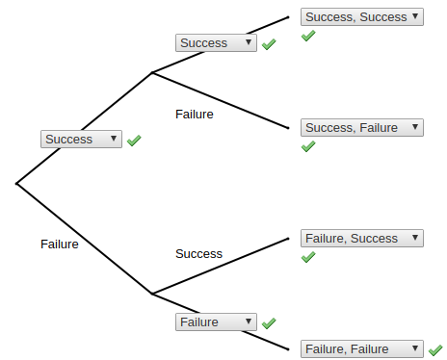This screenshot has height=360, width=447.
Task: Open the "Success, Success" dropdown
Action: (x=361, y=16)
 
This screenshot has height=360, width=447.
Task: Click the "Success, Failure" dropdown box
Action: (x=361, y=127)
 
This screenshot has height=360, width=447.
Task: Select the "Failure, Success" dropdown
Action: (x=361, y=238)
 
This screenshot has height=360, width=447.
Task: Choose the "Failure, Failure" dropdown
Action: (x=361, y=348)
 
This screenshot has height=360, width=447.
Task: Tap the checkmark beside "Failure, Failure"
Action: (x=435, y=348)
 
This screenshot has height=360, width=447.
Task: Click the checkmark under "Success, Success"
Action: (x=308, y=37)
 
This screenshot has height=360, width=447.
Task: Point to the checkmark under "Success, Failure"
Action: (x=308, y=147)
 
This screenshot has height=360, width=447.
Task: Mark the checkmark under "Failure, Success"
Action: (x=308, y=258)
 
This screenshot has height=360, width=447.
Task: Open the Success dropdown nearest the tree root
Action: (x=81, y=140)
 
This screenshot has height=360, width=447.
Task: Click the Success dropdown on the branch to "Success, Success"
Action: (x=216, y=43)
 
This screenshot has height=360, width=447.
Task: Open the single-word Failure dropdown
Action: (x=216, y=322)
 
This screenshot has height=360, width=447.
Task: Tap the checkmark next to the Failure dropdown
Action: (x=269, y=323)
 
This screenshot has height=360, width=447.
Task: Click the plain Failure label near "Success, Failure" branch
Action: (x=195, y=114)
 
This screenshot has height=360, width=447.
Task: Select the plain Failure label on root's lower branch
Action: (x=60, y=244)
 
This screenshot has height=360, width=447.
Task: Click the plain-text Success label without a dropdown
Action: (x=198, y=254)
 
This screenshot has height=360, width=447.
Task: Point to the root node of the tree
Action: (x=17, y=182)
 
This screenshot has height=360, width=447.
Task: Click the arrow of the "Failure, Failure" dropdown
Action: (x=416, y=348)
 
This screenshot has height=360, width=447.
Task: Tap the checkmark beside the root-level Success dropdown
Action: (x=134, y=141)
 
